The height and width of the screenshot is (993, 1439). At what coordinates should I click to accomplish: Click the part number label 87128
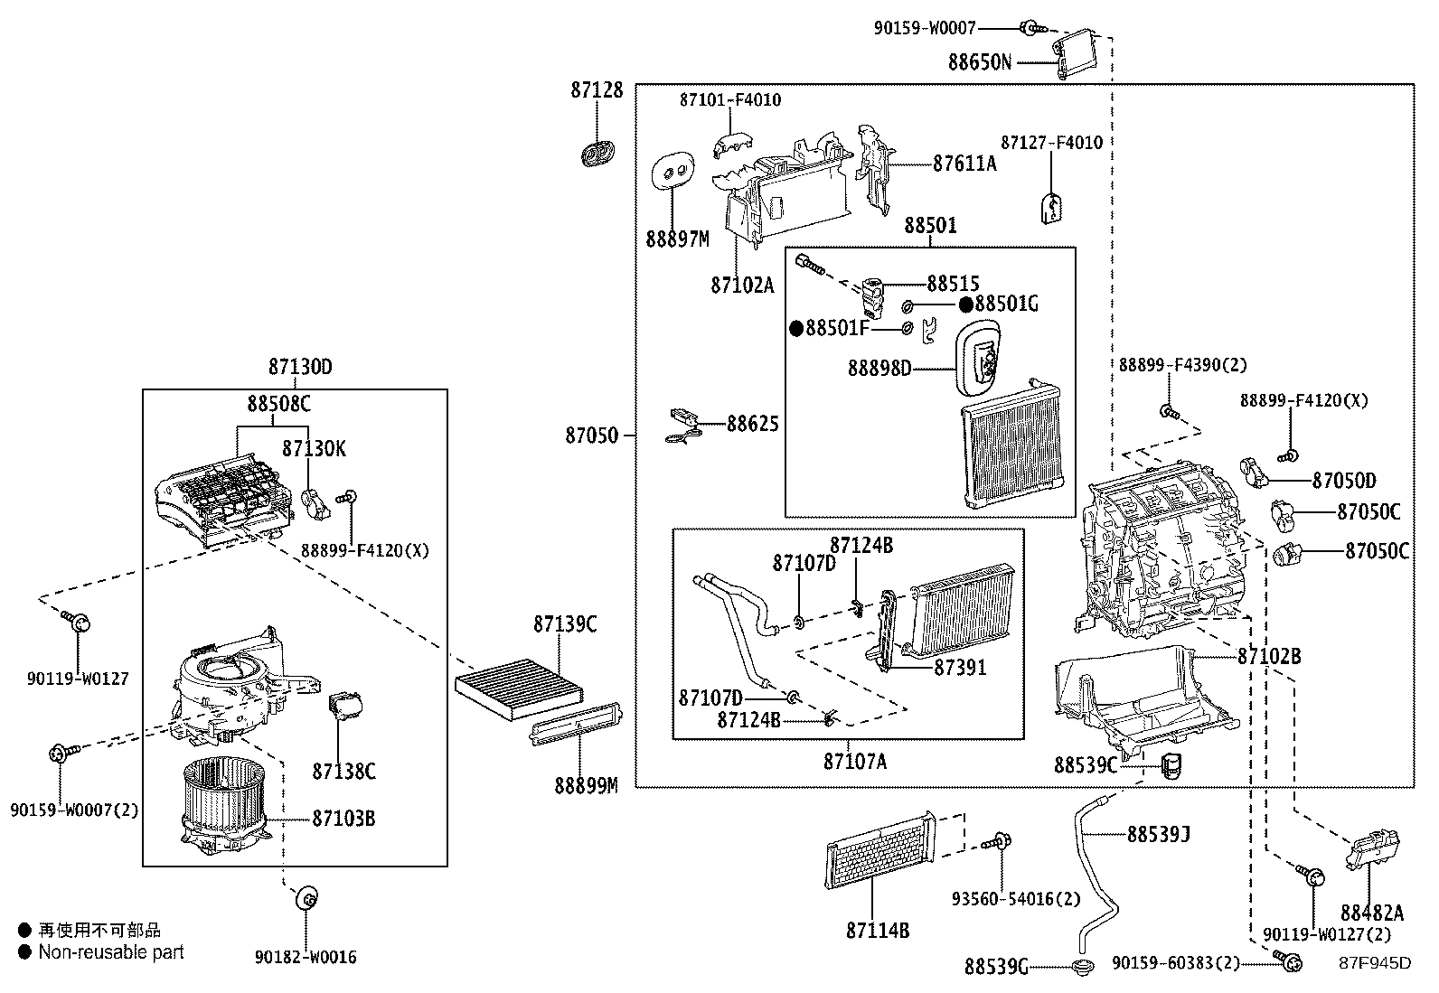coord(597,91)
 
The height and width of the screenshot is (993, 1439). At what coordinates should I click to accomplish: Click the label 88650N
coord(980,62)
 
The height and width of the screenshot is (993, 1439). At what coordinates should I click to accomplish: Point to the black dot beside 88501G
coord(966,304)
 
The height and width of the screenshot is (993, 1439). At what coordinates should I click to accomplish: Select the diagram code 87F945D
coord(1374,962)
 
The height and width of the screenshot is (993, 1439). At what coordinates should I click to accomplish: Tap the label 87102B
coord(1269,657)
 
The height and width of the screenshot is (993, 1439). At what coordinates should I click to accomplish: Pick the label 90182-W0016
coord(306,958)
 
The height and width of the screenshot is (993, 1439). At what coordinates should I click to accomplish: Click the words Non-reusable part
coord(111,952)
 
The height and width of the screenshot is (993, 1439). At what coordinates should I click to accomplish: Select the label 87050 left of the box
coord(592,436)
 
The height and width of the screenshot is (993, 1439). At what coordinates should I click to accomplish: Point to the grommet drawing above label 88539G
coord(1081,967)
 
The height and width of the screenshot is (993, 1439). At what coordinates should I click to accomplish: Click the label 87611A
coord(964,164)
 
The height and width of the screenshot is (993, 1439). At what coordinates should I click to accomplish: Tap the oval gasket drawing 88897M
coord(673,169)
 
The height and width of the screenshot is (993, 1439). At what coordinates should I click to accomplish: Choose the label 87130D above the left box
coord(300,368)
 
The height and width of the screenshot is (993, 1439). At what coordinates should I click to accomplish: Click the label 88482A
coord(1372,913)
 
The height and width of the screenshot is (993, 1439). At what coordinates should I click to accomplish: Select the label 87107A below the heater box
coord(854,762)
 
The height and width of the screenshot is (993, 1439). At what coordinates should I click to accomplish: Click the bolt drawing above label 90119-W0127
coord(76,621)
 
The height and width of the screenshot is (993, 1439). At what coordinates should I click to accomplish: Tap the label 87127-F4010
coord(1051,143)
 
